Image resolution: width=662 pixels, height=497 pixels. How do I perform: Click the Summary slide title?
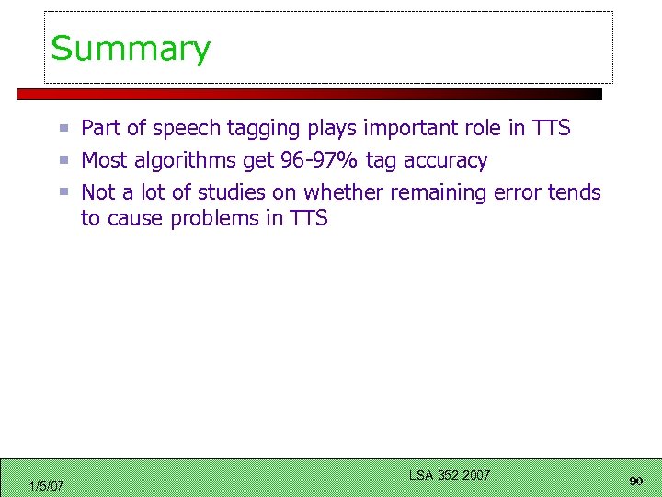click(131, 48)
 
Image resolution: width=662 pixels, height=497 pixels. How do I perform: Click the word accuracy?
click(445, 161)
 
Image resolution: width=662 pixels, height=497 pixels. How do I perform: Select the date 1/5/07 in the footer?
click(46, 486)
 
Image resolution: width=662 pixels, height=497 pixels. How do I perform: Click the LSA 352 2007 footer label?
click(449, 475)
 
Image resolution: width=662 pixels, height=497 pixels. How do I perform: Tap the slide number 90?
click(635, 481)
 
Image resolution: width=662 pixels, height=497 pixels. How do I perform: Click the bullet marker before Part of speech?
click(65, 128)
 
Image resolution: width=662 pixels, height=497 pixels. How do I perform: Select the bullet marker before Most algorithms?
click(65, 160)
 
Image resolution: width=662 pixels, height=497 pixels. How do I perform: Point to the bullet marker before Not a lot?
click(65, 192)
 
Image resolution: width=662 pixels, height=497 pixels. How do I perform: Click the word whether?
click(345, 192)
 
